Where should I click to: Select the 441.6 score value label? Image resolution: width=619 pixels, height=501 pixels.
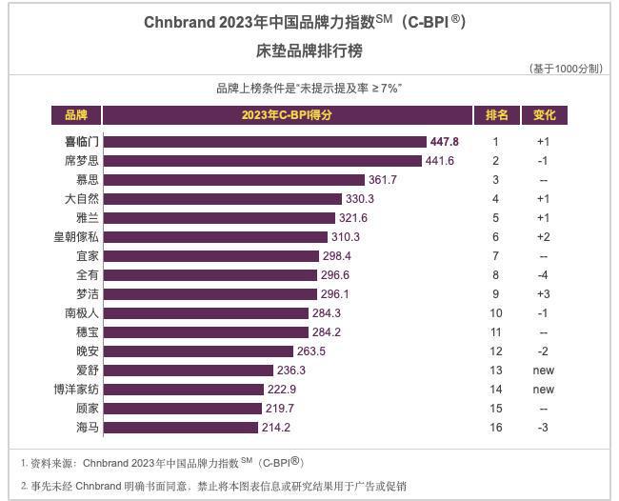pyautogui.click(x=439, y=161)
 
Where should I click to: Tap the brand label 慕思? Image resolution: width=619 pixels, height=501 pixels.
pyautogui.click(x=88, y=180)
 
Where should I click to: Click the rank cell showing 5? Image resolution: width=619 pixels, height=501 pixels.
pyautogui.click(x=495, y=218)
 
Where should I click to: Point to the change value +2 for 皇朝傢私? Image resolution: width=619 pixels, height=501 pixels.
pyautogui.click(x=543, y=237)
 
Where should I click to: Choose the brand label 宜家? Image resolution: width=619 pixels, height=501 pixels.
pyautogui.click(x=88, y=256)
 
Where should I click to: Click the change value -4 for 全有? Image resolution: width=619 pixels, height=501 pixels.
pyautogui.click(x=543, y=275)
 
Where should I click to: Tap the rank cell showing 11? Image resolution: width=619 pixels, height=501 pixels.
pyautogui.click(x=495, y=332)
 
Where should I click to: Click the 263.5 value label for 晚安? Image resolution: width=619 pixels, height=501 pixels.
pyautogui.click(x=311, y=351)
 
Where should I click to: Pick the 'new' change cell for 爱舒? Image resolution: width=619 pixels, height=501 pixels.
pyautogui.click(x=543, y=371)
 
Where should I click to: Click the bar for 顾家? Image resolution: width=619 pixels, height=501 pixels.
pyautogui.click(x=180, y=409)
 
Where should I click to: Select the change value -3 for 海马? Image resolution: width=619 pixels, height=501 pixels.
pyautogui.click(x=543, y=428)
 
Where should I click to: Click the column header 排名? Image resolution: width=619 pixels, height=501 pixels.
pyautogui.click(x=496, y=115)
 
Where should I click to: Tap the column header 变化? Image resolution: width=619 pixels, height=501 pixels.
pyautogui.click(x=544, y=115)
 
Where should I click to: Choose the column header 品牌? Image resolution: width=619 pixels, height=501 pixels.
pyautogui.click(x=76, y=115)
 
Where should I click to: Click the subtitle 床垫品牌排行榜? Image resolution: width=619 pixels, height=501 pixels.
pyautogui.click(x=309, y=50)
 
